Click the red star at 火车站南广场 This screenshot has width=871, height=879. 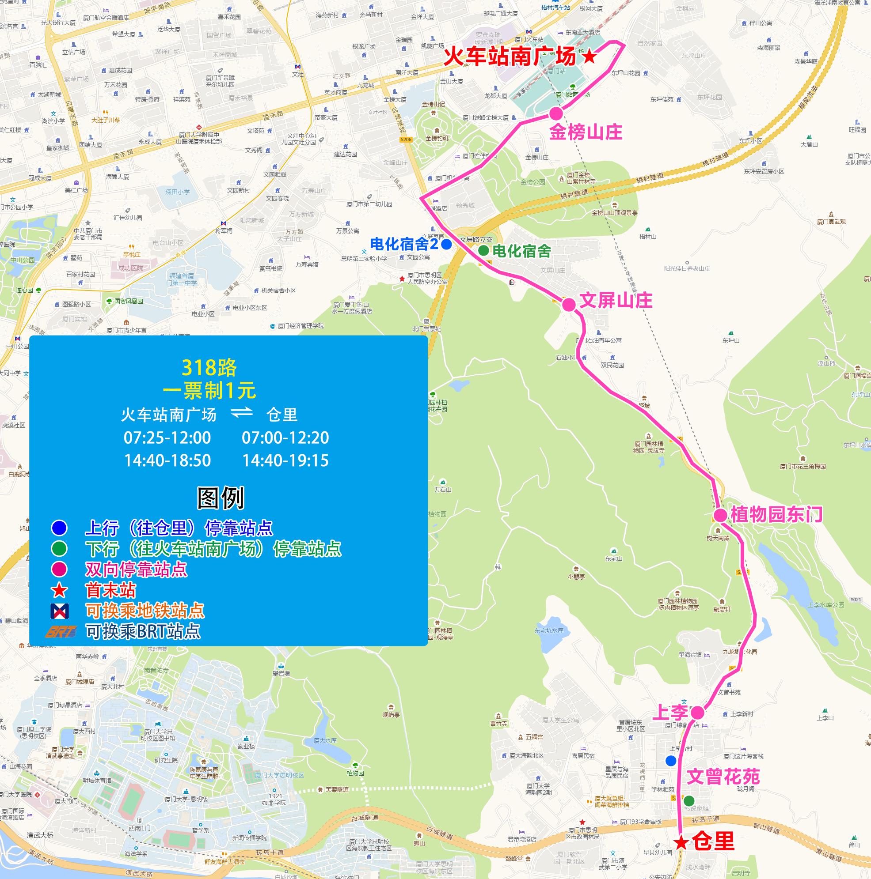coord(589,57)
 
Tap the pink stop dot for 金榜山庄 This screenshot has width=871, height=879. coord(556,113)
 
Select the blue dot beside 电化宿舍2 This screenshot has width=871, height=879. coord(447,244)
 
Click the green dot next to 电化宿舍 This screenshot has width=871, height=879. coord(483,250)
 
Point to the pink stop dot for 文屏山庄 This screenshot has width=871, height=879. coord(569,304)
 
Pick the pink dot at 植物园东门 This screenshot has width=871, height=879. coord(720,516)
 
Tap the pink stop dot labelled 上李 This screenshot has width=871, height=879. coord(697,713)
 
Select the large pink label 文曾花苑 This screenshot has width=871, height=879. coord(723,777)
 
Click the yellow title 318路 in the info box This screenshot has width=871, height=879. coord(209,368)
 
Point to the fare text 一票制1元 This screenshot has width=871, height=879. coord(209,390)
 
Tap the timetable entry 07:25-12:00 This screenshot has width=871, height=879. coord(167,438)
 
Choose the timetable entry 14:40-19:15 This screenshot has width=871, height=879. coord(285,460)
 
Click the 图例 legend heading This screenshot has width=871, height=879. coord(221,498)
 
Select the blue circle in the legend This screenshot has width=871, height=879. coord(59,528)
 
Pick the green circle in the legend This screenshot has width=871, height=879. coord(59,549)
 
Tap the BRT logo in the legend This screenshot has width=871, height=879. coord(61,631)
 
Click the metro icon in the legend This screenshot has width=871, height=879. coord(60,611)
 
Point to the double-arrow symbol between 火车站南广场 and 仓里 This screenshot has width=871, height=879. coord(241,413)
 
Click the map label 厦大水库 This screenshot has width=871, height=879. coord(325,741)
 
